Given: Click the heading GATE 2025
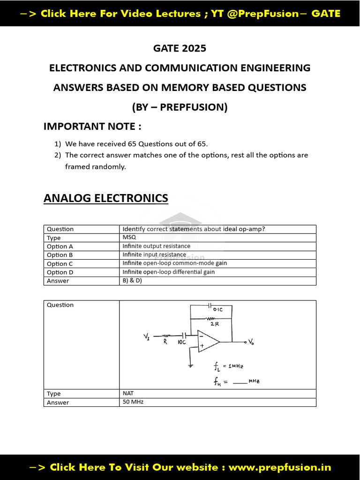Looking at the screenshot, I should pos(180,48).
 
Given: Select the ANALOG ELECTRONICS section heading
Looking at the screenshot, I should pos(105,198).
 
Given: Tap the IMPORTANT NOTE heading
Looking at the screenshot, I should pos(92,126).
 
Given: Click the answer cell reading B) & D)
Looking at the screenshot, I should pos(132,281).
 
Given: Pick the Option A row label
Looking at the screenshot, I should pos(60,246).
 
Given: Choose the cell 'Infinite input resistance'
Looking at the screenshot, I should pos(154,255).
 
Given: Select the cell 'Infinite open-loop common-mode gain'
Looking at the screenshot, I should pos(174,263).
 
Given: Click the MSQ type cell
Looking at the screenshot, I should pos(129,238).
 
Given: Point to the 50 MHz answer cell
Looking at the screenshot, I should pos(133,402).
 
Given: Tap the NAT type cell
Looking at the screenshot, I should pos(128,394).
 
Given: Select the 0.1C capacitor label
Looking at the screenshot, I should pos(218,310).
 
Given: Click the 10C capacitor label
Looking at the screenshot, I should pos(182,343).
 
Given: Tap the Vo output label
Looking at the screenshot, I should pos(251,342).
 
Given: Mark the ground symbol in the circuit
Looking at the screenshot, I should pos(190,366).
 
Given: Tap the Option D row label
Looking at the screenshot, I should pos(60,272).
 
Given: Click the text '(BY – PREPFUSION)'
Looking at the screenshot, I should pos(180,107).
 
